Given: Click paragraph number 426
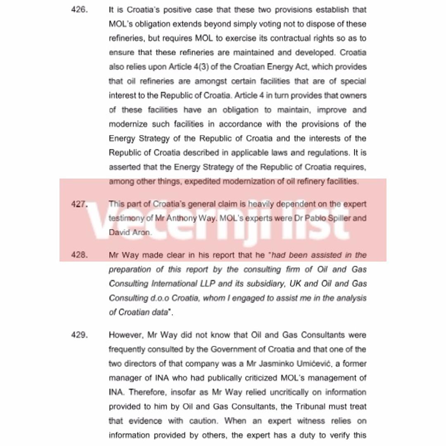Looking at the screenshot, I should coord(79,9).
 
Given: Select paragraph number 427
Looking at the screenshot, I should coord(79,204).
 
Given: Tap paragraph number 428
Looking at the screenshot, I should coord(79,255).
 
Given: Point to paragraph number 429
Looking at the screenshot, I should coord(79,335).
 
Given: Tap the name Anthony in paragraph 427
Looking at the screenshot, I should coord(182,218).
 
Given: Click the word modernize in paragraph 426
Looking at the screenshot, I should coord(126,124).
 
